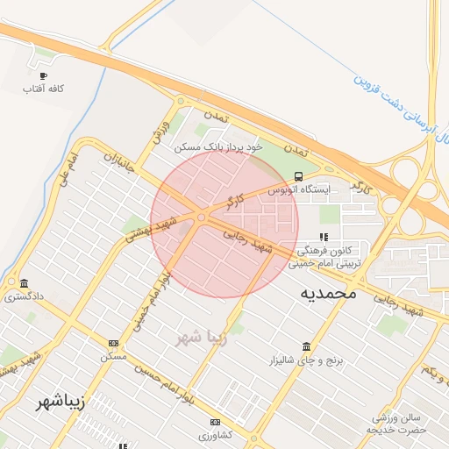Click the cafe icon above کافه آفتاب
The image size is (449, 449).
pos(44,75)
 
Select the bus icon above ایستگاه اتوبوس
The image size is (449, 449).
pos(300,175)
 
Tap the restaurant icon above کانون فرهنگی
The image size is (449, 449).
pos(324,236)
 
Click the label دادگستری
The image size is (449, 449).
pos(23,296)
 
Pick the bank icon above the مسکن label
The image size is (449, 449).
pos(113,343)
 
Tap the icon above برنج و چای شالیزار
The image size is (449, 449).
pos(305,346)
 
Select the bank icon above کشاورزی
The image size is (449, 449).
pos(212,422)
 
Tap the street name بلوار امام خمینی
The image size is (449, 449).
pos(148,303)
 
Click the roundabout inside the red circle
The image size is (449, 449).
pos(202,217)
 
